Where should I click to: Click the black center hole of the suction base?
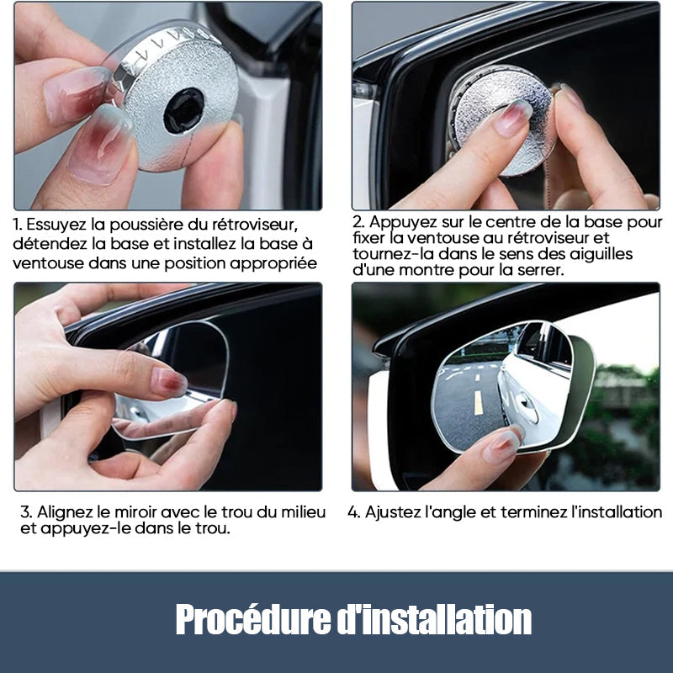click(x=183, y=110)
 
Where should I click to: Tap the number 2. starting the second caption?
click(x=358, y=222)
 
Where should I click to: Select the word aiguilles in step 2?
click(x=601, y=254)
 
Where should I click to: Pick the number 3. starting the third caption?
click(x=25, y=511)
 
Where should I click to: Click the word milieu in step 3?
click(x=299, y=511)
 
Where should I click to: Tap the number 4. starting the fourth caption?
click(x=353, y=511)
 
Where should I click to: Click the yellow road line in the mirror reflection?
click(x=478, y=401)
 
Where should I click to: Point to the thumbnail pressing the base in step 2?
click(x=511, y=118)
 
